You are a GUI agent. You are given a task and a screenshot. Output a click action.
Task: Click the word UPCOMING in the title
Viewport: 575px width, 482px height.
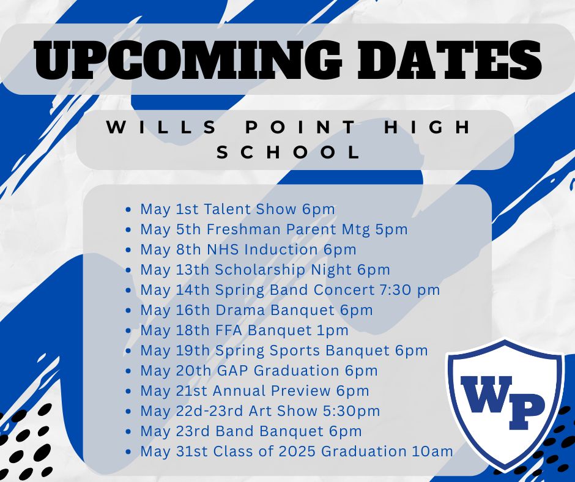point(187,59)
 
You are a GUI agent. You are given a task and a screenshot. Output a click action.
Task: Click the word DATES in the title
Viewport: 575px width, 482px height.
point(449,59)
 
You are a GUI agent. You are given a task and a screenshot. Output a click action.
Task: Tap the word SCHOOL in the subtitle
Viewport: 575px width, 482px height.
point(289,152)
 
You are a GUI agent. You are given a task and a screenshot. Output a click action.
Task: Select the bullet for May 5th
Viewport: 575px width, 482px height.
point(128,229)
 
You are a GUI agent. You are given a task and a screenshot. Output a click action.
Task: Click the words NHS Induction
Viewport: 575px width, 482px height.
point(262,250)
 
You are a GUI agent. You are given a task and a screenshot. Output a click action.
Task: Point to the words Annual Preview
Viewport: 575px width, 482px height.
point(272,391)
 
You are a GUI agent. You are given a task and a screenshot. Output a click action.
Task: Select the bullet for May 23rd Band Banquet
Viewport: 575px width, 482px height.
point(128,431)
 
